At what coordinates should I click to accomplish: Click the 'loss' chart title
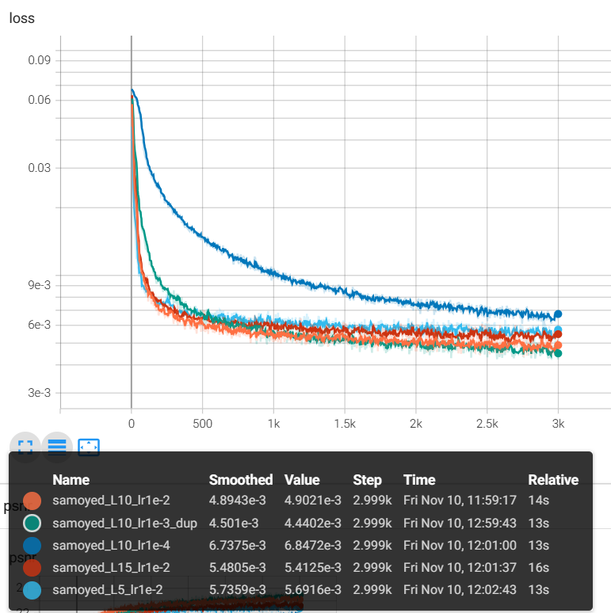click(x=22, y=17)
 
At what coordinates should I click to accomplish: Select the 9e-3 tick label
click(x=39, y=285)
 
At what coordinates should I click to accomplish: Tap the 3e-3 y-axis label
click(x=39, y=393)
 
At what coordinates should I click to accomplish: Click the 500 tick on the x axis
click(x=202, y=424)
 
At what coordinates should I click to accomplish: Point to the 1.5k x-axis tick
click(x=345, y=424)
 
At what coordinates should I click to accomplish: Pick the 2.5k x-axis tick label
click(x=487, y=424)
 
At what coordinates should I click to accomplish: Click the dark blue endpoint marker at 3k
click(x=558, y=314)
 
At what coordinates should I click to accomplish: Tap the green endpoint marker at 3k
click(x=558, y=353)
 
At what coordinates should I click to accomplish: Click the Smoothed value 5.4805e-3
click(x=239, y=568)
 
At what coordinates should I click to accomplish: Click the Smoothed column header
click(x=240, y=480)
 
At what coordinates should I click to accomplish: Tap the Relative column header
click(x=553, y=480)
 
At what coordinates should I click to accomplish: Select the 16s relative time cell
click(x=538, y=568)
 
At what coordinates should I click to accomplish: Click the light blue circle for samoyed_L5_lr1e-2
click(x=32, y=590)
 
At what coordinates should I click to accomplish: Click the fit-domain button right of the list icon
click(x=88, y=447)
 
